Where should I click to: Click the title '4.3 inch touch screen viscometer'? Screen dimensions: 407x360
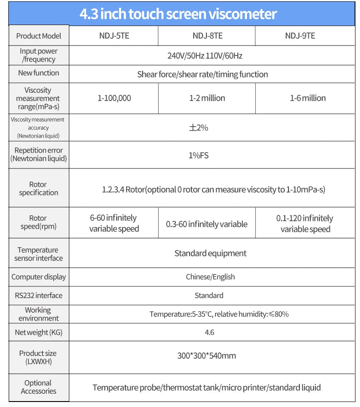(178, 14)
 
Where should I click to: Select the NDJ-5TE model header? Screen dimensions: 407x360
(114, 36)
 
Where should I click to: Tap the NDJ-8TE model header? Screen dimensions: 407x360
(207, 36)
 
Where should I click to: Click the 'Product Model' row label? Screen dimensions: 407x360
(39, 36)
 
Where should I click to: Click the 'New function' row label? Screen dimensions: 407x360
(39, 73)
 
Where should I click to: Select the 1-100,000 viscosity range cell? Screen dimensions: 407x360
(114, 98)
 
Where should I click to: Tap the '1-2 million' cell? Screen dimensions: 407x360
(207, 98)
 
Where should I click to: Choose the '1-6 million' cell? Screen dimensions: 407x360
(308, 98)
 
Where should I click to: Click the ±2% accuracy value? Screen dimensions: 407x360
(199, 128)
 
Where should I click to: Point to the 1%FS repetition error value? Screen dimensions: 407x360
(199, 155)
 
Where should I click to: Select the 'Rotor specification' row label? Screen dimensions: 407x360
(38, 188)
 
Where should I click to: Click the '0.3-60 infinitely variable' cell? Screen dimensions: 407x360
(207, 224)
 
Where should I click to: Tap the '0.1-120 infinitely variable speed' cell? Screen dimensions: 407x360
(305, 224)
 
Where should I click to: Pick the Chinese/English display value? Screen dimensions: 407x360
(210, 277)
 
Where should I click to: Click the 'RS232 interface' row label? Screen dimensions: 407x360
(39, 295)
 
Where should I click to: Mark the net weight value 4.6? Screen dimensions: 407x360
(210, 332)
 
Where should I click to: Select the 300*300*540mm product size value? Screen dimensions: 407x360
(206, 356)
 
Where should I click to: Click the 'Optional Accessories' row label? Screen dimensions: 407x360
(38, 387)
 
